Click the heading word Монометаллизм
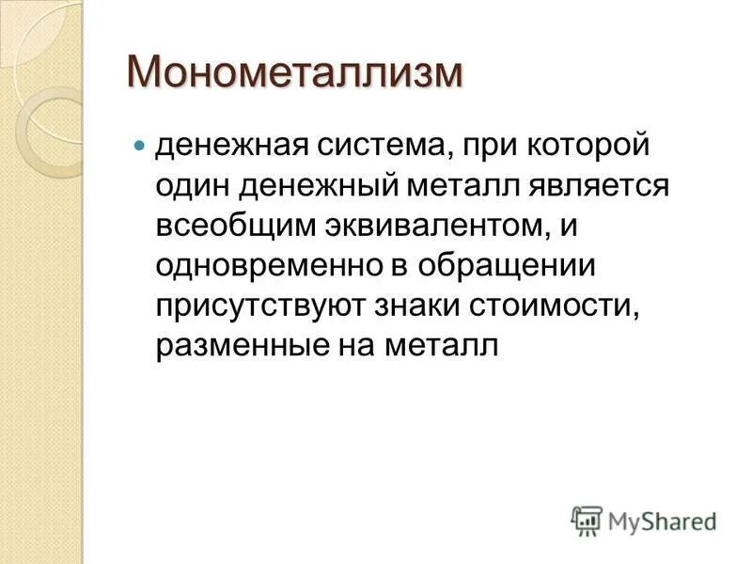pyautogui.click(x=296, y=73)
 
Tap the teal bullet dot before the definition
pyautogui.click(x=139, y=148)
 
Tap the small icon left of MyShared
pyautogui.click(x=587, y=521)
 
